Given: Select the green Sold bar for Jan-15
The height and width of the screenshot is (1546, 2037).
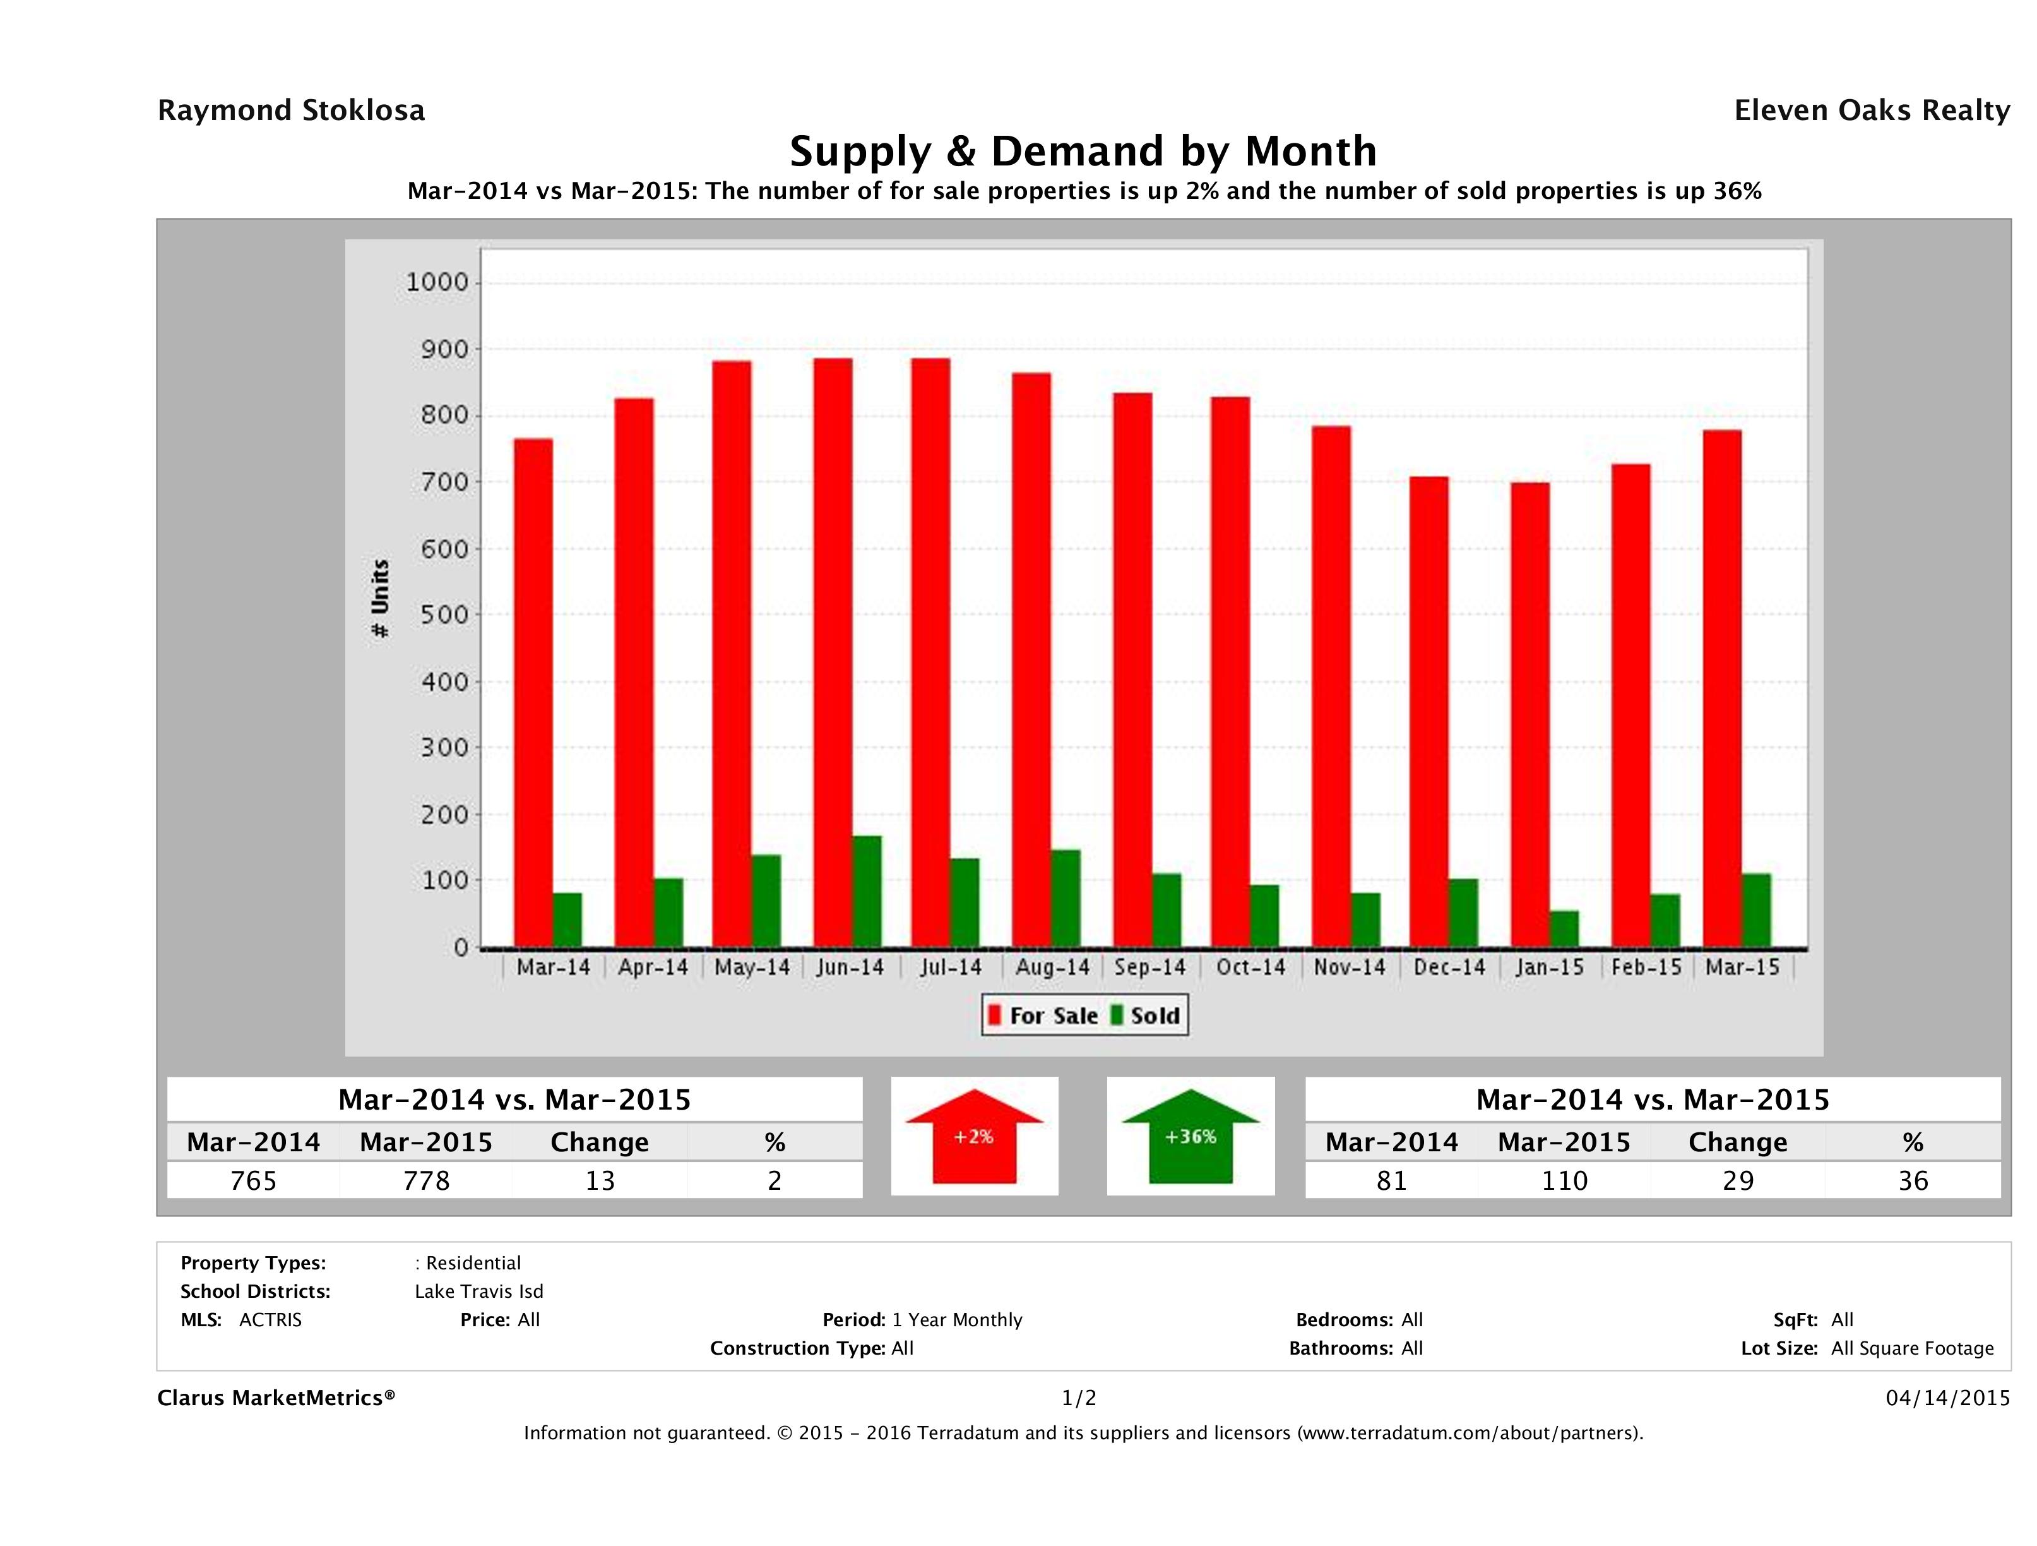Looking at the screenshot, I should [1564, 929].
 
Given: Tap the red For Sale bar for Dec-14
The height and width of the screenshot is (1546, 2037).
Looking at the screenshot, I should [1428, 711].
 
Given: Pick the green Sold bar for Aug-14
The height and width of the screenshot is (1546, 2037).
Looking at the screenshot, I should [1066, 898].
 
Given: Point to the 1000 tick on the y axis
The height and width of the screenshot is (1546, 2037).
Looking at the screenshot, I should [437, 282].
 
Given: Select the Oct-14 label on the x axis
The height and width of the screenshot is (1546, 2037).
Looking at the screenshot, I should [1250, 968].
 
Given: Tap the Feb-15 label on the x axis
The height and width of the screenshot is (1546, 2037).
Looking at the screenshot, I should [1646, 968].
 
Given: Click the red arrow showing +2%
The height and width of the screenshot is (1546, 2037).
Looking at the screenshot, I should [974, 1136].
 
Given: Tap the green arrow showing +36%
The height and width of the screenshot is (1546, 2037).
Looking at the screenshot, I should [1191, 1136].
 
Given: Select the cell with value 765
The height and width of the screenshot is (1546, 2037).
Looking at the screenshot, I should [253, 1180].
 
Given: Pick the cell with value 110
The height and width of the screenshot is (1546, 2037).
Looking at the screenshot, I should [1565, 1180].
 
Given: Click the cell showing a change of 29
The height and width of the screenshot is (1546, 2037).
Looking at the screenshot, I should [1738, 1180].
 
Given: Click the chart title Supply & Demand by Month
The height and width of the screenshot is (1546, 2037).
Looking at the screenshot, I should [1083, 151].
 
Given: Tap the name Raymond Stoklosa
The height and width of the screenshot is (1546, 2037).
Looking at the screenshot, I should [291, 111].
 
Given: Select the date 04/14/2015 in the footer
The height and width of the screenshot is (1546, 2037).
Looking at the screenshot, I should [1947, 1398].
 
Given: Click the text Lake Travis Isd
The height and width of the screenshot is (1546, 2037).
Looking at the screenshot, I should [479, 1291].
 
